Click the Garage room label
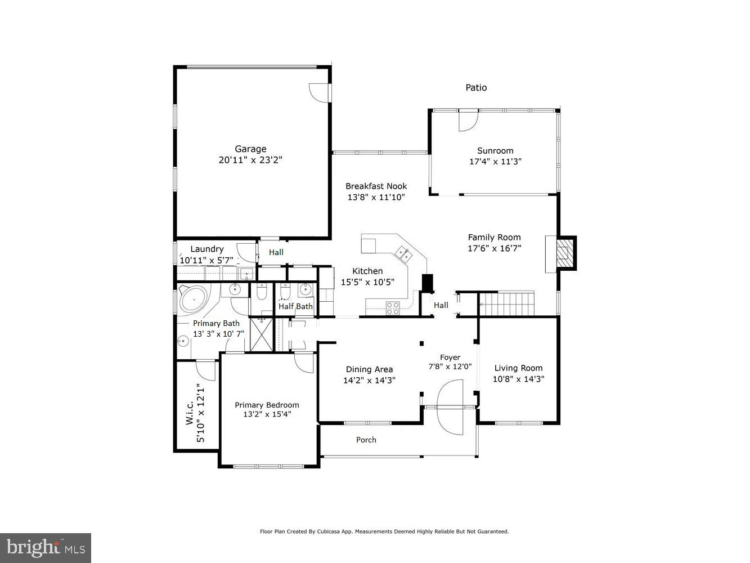[250, 149]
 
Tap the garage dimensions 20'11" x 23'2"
[250, 160]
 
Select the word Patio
[476, 88]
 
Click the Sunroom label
[495, 151]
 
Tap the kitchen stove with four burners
[392, 307]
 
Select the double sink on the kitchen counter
[403, 253]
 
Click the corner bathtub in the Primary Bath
[194, 300]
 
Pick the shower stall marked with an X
[262, 334]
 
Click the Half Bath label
[295, 307]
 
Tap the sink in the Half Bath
[306, 290]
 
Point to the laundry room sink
[246, 274]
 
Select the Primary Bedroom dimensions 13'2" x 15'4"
[267, 414]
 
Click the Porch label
[366, 440]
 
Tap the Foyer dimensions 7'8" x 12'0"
[450, 367]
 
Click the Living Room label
[518, 369]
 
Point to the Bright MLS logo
[46, 547]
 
